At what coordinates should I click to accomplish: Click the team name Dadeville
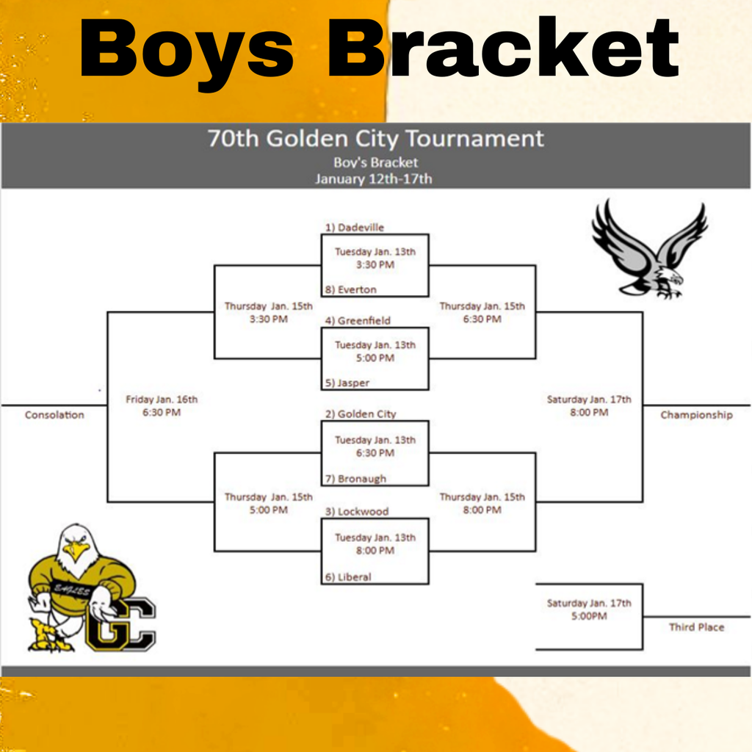[360, 228]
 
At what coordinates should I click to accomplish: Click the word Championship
[696, 415]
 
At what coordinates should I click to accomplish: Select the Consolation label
[54, 415]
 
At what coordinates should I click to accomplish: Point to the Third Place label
[696, 627]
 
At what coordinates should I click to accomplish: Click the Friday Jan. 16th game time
[162, 405]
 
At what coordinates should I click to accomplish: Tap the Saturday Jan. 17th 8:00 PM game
[589, 405]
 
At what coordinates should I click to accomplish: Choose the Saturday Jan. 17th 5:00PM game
[589, 610]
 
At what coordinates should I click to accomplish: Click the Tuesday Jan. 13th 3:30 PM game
[375, 258]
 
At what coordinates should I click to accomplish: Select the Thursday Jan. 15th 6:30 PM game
[482, 312]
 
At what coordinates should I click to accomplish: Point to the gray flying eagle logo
[650, 250]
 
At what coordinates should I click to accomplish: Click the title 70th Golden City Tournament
[375, 138]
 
